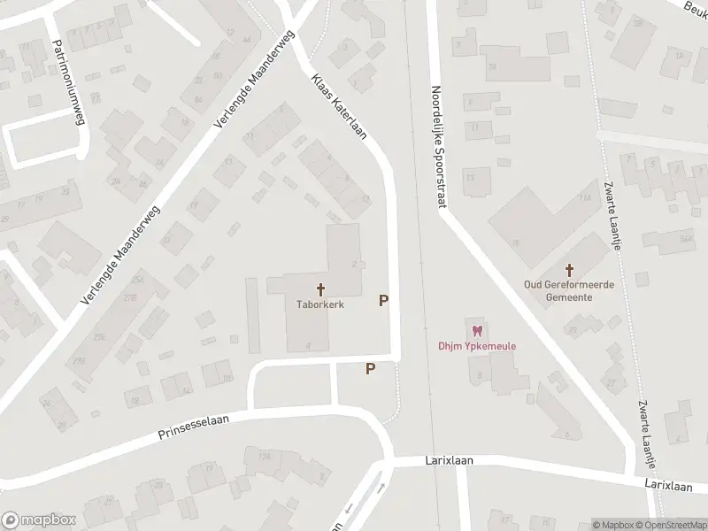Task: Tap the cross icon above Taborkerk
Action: [320, 289]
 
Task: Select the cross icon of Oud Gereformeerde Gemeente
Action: [569, 269]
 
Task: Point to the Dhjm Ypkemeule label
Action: [479, 346]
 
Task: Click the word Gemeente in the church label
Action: [569, 297]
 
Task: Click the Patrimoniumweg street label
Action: [67, 81]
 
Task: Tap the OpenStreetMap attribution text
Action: [671, 525]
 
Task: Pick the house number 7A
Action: [491, 66]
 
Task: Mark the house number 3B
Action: [637, 23]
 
